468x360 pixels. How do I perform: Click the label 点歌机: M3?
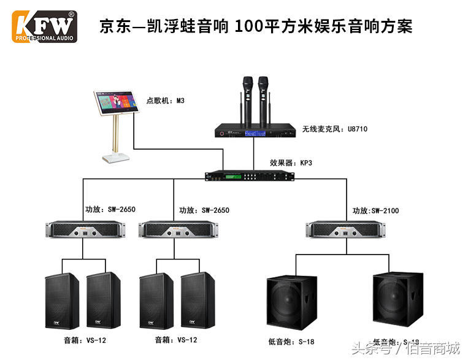pyautogui.click(x=165, y=100)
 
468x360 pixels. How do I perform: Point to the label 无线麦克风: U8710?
pyautogui.click(x=335, y=129)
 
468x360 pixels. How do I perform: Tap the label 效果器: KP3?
pyautogui.click(x=291, y=163)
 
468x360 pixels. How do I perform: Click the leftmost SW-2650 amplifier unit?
pyautogui.click(x=83, y=230)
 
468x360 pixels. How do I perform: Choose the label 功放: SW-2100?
pyautogui.click(x=375, y=211)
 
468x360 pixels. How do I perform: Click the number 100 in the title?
pyautogui.click(x=248, y=26)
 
